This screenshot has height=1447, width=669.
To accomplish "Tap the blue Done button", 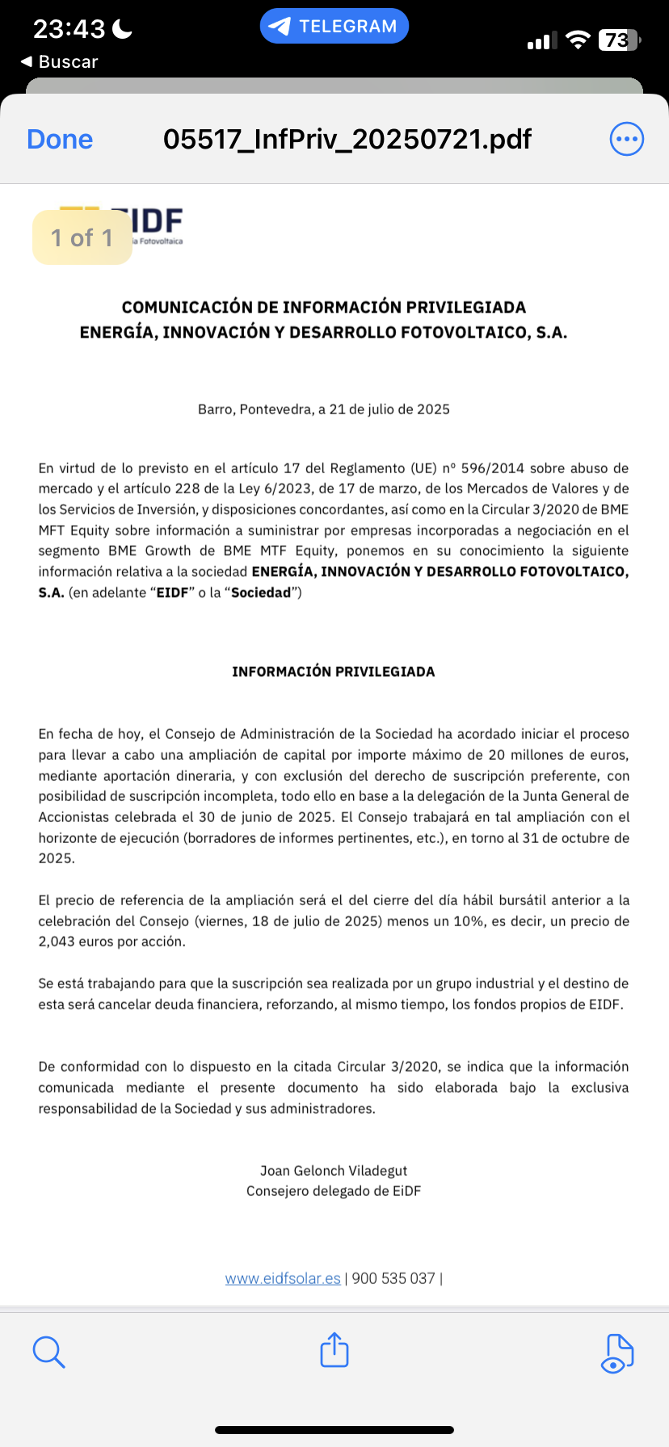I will click(60, 140).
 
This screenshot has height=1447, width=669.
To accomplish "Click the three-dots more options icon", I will click(626, 140).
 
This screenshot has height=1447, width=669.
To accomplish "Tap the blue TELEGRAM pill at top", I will click(334, 27).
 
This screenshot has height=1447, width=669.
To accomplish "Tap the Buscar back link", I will click(60, 62).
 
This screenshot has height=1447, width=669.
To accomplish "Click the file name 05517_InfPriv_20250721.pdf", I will click(347, 140).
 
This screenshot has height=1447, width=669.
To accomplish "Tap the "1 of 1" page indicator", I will click(82, 237).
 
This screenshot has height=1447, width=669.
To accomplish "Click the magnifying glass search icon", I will click(48, 1351).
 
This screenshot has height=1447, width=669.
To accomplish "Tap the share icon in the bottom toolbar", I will click(334, 1349).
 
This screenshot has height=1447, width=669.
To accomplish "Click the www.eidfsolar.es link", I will click(283, 1278).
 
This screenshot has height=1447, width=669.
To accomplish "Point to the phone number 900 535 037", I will click(393, 1278).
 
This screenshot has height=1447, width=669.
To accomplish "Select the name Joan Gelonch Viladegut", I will click(334, 1170).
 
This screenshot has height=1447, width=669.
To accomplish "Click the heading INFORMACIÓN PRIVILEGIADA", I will click(334, 672).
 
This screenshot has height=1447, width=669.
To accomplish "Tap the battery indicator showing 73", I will click(618, 40).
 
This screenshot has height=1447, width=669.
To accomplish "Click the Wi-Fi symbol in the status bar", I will click(578, 40).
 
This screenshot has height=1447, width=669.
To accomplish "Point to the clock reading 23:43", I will click(69, 29).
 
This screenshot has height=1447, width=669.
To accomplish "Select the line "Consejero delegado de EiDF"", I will click(334, 1191).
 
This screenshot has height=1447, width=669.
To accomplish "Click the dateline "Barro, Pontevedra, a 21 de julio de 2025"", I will click(324, 409).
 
